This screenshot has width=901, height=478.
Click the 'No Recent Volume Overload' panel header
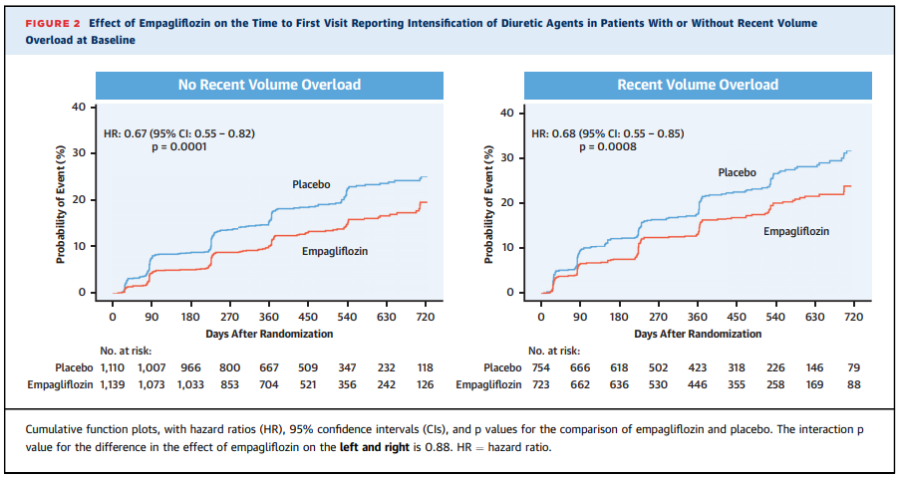269,85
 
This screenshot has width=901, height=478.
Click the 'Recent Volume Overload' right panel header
698,85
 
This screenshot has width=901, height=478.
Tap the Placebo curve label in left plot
311,184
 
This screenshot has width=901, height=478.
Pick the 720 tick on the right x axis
853,317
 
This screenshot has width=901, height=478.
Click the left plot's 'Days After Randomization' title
269,334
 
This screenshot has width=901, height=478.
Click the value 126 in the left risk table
426,383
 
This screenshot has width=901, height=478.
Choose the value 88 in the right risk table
853,383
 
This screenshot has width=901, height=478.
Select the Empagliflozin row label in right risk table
488,383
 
